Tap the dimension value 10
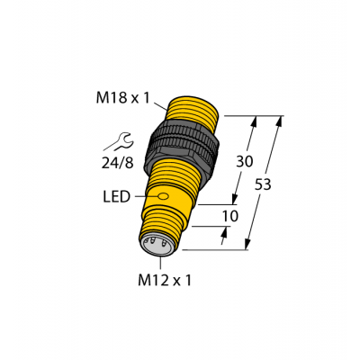[x=231, y=216]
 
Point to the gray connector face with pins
[x=154, y=244]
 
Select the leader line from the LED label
[x=143, y=195]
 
